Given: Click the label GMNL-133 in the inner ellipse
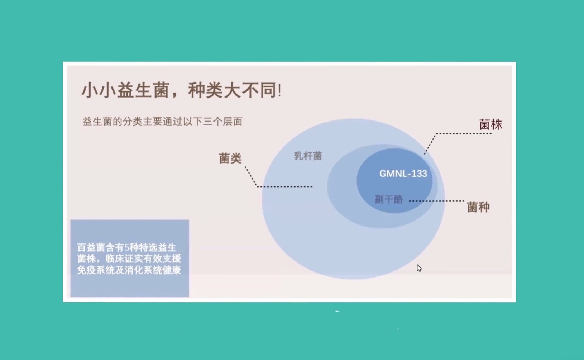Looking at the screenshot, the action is [x=403, y=174].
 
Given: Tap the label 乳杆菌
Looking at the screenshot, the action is [x=308, y=156].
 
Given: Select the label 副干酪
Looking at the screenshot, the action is [x=389, y=200].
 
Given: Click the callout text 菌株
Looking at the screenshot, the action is [x=490, y=124].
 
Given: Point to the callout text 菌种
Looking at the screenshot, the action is [x=478, y=207].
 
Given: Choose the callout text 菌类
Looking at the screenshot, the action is [x=230, y=158].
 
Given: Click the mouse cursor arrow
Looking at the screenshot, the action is [x=419, y=268].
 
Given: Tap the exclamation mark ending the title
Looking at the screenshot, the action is [x=280, y=91].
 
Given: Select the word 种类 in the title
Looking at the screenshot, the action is [x=205, y=90].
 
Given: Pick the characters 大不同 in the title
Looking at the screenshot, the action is [x=250, y=90].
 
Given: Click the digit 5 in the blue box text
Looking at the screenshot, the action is [x=127, y=247].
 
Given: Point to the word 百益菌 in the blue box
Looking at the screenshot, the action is [x=91, y=247].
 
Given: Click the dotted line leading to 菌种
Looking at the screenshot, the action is [x=437, y=201].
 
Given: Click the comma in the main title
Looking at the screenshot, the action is [x=174, y=95].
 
